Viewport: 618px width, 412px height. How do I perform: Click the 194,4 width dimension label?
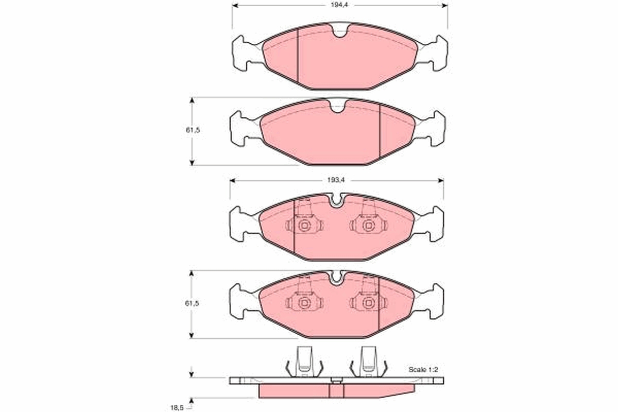click(339, 5)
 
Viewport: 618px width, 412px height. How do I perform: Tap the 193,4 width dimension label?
click(336, 180)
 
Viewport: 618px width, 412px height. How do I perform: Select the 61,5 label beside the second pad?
click(193, 130)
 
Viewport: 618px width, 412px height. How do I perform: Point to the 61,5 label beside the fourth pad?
click(192, 303)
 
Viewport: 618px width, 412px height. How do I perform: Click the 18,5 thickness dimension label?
click(177, 407)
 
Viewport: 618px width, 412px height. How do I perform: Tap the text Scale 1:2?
click(423, 369)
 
